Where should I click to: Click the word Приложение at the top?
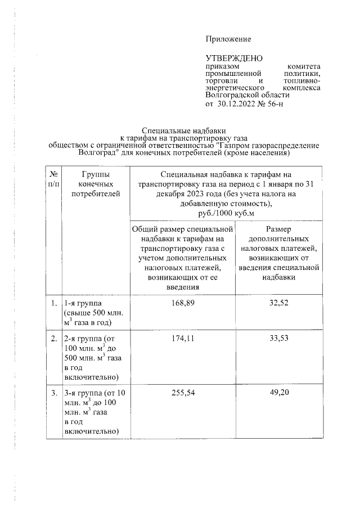coord(228,39)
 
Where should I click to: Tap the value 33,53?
coord(280,339)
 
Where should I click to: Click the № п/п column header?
coord(53,179)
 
